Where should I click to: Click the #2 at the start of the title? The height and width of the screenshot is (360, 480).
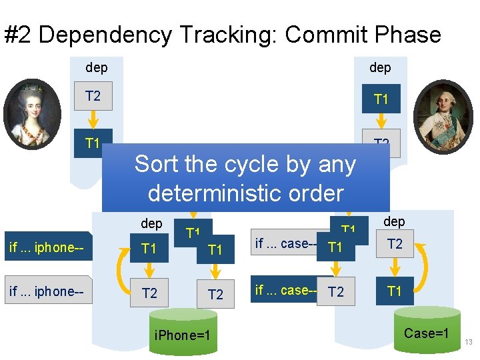point(20,35)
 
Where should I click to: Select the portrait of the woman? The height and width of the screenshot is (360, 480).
point(32,114)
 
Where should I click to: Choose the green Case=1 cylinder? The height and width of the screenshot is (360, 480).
point(427,329)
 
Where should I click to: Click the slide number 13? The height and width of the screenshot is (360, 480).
point(469,342)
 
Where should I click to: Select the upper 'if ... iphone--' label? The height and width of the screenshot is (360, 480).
point(47,248)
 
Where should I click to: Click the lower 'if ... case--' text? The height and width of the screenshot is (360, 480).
point(285,290)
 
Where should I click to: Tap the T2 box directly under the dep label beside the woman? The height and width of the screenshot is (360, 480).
point(93,96)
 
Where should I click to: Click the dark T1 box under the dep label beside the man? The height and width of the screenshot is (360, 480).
point(381,99)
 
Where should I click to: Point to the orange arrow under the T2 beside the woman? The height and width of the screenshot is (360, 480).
point(93,121)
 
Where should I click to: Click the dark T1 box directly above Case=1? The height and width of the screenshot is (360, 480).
point(395,291)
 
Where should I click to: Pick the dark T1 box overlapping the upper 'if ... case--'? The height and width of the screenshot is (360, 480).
point(336,247)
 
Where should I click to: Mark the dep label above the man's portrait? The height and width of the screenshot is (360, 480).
point(380,67)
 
